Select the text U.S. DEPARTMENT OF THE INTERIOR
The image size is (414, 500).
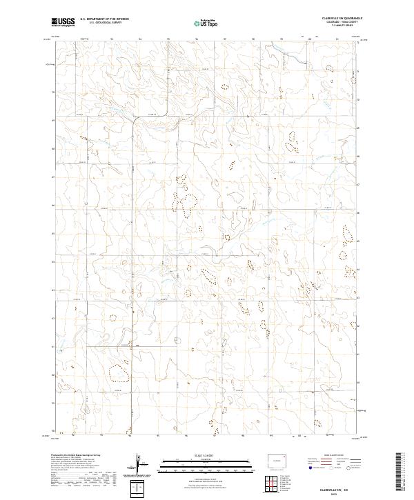pos(104,19)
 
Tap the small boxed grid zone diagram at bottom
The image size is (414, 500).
pos(141,488)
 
